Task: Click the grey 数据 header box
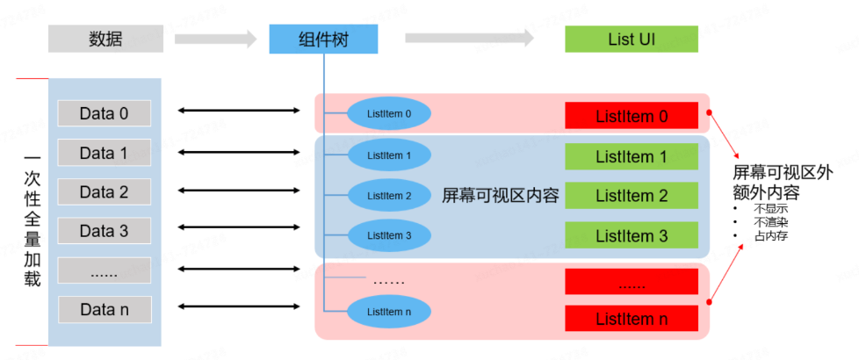105,39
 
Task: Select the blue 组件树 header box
323,39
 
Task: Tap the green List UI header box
631,39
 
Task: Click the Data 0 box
104,113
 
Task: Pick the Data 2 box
104,191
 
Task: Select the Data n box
104,309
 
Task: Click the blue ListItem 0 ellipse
389,113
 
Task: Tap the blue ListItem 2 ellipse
389,195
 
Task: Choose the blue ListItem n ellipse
389,312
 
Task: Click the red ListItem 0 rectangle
631,116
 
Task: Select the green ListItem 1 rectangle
631,157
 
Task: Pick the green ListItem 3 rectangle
631,236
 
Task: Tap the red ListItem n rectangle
631,319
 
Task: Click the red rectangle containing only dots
631,282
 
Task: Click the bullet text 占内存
770,236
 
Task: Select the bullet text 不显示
770,210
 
